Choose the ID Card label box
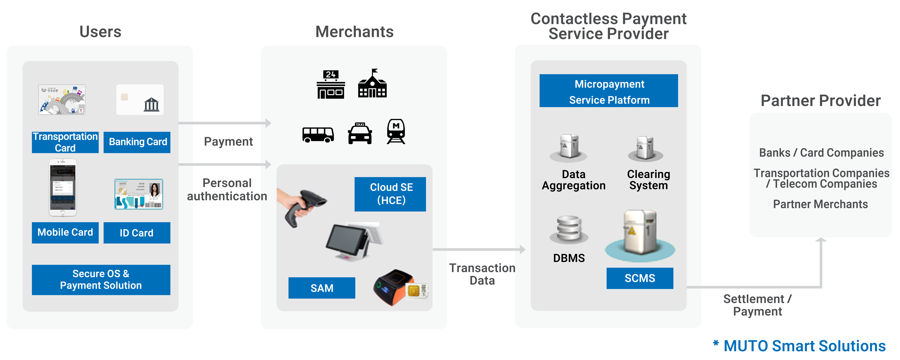click(137, 233)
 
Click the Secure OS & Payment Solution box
click(101, 280)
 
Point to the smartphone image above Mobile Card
click(62, 188)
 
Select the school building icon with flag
click(372, 84)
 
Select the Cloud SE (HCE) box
click(390, 194)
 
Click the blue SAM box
click(322, 288)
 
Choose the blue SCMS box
click(640, 278)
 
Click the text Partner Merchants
click(820, 204)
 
